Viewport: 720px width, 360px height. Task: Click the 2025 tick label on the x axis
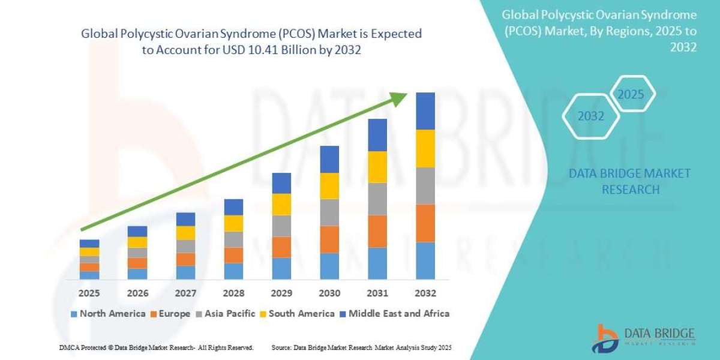click(89, 293)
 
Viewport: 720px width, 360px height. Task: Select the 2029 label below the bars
click(281, 293)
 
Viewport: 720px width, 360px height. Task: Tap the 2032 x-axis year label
click(425, 293)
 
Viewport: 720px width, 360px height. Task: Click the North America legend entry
click(108, 313)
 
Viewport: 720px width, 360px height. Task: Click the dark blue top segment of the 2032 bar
click(425, 111)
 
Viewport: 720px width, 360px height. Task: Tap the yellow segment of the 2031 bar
click(377, 167)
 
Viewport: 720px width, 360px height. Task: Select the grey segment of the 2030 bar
click(329, 212)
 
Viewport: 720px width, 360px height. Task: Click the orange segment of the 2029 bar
click(281, 247)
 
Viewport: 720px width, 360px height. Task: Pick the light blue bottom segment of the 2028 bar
click(233, 271)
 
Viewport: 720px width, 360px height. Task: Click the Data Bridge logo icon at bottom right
click(606, 338)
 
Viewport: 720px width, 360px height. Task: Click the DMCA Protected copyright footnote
click(156, 347)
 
